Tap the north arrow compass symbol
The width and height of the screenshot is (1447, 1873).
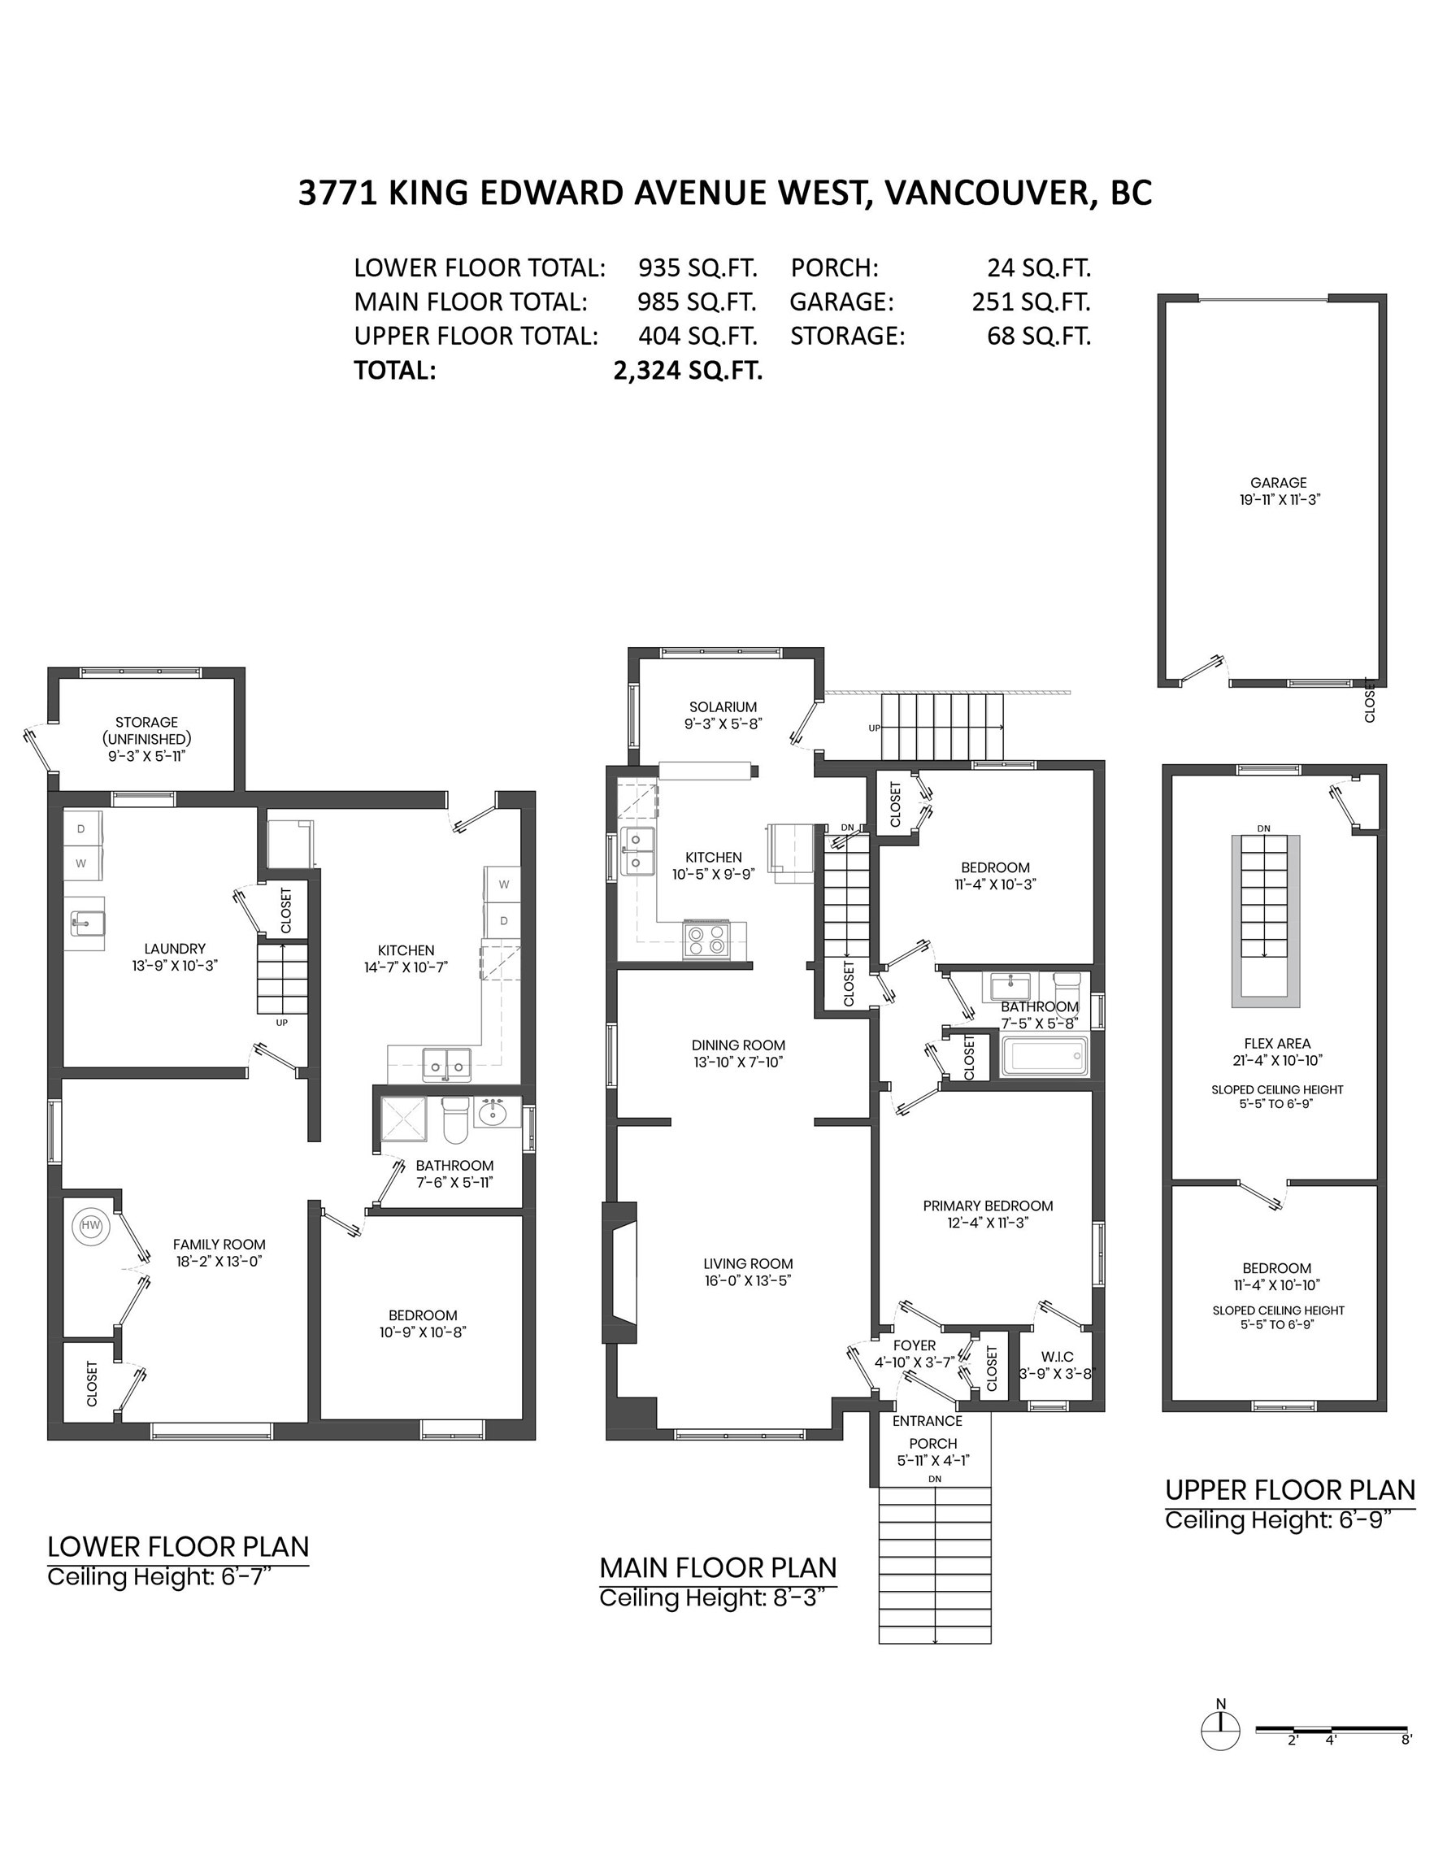[1219, 1732]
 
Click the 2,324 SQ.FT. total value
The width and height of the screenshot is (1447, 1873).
[688, 371]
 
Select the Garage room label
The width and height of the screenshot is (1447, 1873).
[1278, 483]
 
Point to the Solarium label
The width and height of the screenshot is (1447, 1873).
[723, 707]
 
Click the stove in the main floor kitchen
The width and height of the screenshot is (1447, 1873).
[706, 939]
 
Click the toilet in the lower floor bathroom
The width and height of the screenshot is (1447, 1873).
[455, 1122]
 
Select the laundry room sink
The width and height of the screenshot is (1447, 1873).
[86, 923]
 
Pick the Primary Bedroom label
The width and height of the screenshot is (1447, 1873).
[987, 1206]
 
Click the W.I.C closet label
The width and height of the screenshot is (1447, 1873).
[1057, 1357]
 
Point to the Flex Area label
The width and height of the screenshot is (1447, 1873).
[1277, 1044]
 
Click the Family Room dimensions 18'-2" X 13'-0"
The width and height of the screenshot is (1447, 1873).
[219, 1262]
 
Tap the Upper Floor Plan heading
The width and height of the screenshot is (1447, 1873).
[1289, 1489]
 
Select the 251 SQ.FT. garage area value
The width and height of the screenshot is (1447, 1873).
[1030, 302]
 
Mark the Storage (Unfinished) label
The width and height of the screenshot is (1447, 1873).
[146, 731]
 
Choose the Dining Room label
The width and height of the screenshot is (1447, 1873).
[738, 1045]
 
